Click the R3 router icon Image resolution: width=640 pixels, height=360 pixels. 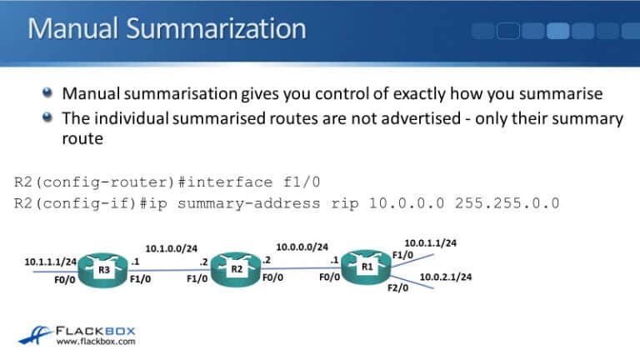point(102,270)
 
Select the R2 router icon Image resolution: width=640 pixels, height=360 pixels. point(236,269)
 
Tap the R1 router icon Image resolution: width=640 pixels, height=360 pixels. point(366,267)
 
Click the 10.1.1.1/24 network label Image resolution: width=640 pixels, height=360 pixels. point(51,262)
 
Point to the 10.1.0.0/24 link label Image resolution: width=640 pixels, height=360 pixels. point(172,248)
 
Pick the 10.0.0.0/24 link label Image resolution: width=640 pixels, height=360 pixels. point(302,247)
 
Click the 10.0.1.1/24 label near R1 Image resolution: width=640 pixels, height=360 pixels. point(431,242)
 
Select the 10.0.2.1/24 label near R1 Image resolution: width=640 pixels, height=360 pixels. point(446,277)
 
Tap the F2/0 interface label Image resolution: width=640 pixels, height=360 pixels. point(397,287)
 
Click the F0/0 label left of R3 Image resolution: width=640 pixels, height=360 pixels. point(64,280)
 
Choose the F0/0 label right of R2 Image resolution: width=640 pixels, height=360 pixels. point(272,277)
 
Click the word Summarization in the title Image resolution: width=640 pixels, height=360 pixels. point(216,28)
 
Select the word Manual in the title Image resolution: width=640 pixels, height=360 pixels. point(72,28)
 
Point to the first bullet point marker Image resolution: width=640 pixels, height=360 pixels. point(47,92)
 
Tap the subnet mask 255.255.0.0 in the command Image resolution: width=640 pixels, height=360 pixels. point(507,203)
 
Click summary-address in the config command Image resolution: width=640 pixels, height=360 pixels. point(248,203)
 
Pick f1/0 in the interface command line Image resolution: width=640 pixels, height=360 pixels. point(302,182)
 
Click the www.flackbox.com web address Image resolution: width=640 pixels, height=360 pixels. point(96,342)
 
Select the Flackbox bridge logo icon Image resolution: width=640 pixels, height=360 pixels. point(35,335)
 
